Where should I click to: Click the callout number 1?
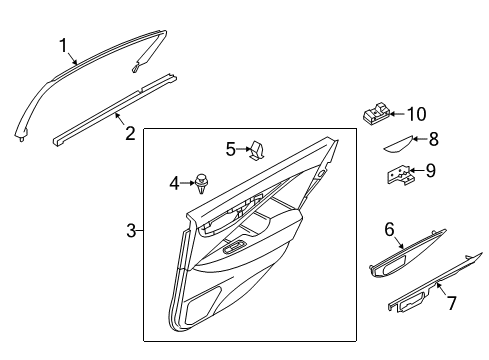[x=63, y=45]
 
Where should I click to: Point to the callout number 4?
[x=174, y=183]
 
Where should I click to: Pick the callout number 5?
[x=230, y=150]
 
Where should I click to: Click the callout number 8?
[x=433, y=141]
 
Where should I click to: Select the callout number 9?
[x=430, y=171]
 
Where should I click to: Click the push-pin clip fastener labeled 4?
[x=204, y=183]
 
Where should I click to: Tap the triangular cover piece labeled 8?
[x=401, y=142]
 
